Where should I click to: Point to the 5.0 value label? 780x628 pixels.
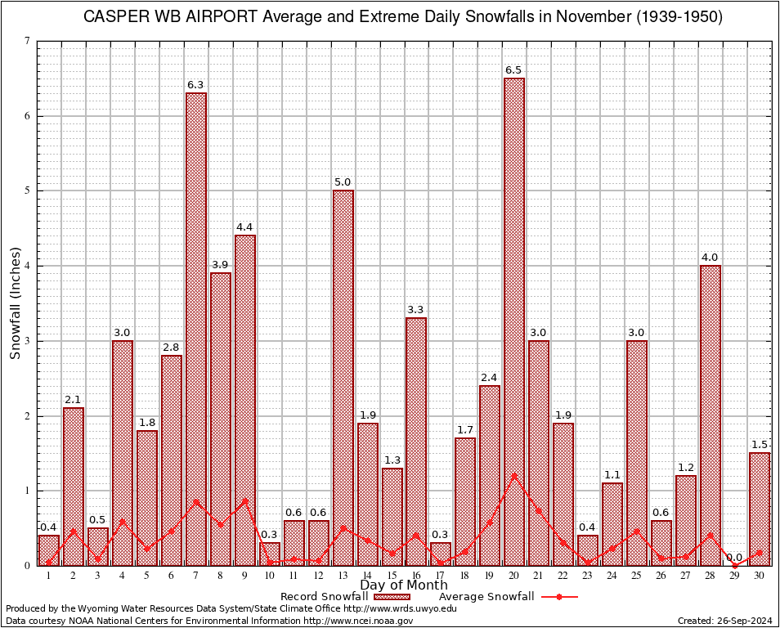pyautogui.click(x=343, y=182)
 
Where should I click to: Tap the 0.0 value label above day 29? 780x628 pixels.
pyautogui.click(x=735, y=558)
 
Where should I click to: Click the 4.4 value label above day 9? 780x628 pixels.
pyautogui.click(x=245, y=227)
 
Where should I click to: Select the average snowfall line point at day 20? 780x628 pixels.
pyautogui.click(x=514, y=475)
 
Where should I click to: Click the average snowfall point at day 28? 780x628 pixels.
pyautogui.click(x=711, y=535)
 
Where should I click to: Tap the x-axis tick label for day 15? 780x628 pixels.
pyautogui.click(x=392, y=576)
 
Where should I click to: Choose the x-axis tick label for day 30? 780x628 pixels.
pyautogui.click(x=760, y=576)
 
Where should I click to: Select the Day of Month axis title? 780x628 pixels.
pyautogui.click(x=403, y=585)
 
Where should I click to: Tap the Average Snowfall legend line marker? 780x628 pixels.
pyautogui.click(x=559, y=597)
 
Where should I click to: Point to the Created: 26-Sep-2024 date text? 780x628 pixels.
pyautogui.click(x=725, y=621)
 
